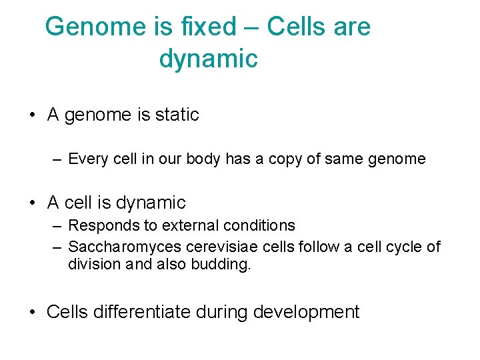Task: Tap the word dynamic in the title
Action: (208, 59)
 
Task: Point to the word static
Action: (177, 115)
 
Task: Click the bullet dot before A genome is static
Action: (32, 115)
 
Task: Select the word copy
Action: (285, 159)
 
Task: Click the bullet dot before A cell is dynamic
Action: (32, 203)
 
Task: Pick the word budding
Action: (223, 264)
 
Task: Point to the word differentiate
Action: (141, 311)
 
